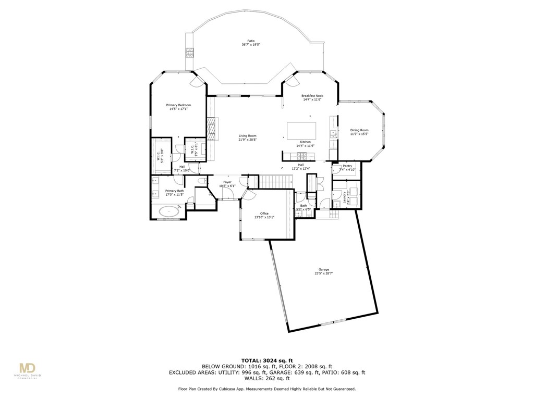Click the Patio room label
point(251,41)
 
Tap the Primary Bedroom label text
point(178,105)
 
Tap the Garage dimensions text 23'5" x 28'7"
point(324,273)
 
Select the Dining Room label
point(359,130)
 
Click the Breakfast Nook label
point(312,96)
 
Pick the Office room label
point(264,214)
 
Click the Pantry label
point(347,166)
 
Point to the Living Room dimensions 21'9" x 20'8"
point(248,140)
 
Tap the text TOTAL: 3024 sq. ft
point(266,360)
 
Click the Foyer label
point(227,182)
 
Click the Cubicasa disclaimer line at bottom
point(266,389)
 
